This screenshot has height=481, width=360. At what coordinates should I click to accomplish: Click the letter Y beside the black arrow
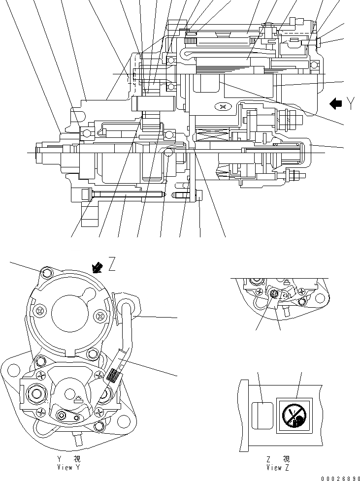pyautogui.click(x=351, y=103)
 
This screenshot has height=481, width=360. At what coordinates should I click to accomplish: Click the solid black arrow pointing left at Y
pyautogui.click(x=336, y=103)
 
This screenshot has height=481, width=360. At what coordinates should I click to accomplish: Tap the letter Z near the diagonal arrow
pyautogui.click(x=112, y=266)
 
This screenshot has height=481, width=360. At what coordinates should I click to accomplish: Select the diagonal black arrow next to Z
pyautogui.click(x=98, y=267)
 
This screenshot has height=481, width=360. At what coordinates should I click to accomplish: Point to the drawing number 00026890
pyautogui.click(x=338, y=476)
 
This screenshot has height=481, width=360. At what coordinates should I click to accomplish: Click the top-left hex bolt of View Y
pyautogui.click(x=47, y=272)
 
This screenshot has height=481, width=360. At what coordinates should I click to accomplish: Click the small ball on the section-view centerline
pyautogui.click(x=168, y=153)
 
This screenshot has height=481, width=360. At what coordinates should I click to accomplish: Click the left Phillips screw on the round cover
pyautogui.click(x=39, y=310)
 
